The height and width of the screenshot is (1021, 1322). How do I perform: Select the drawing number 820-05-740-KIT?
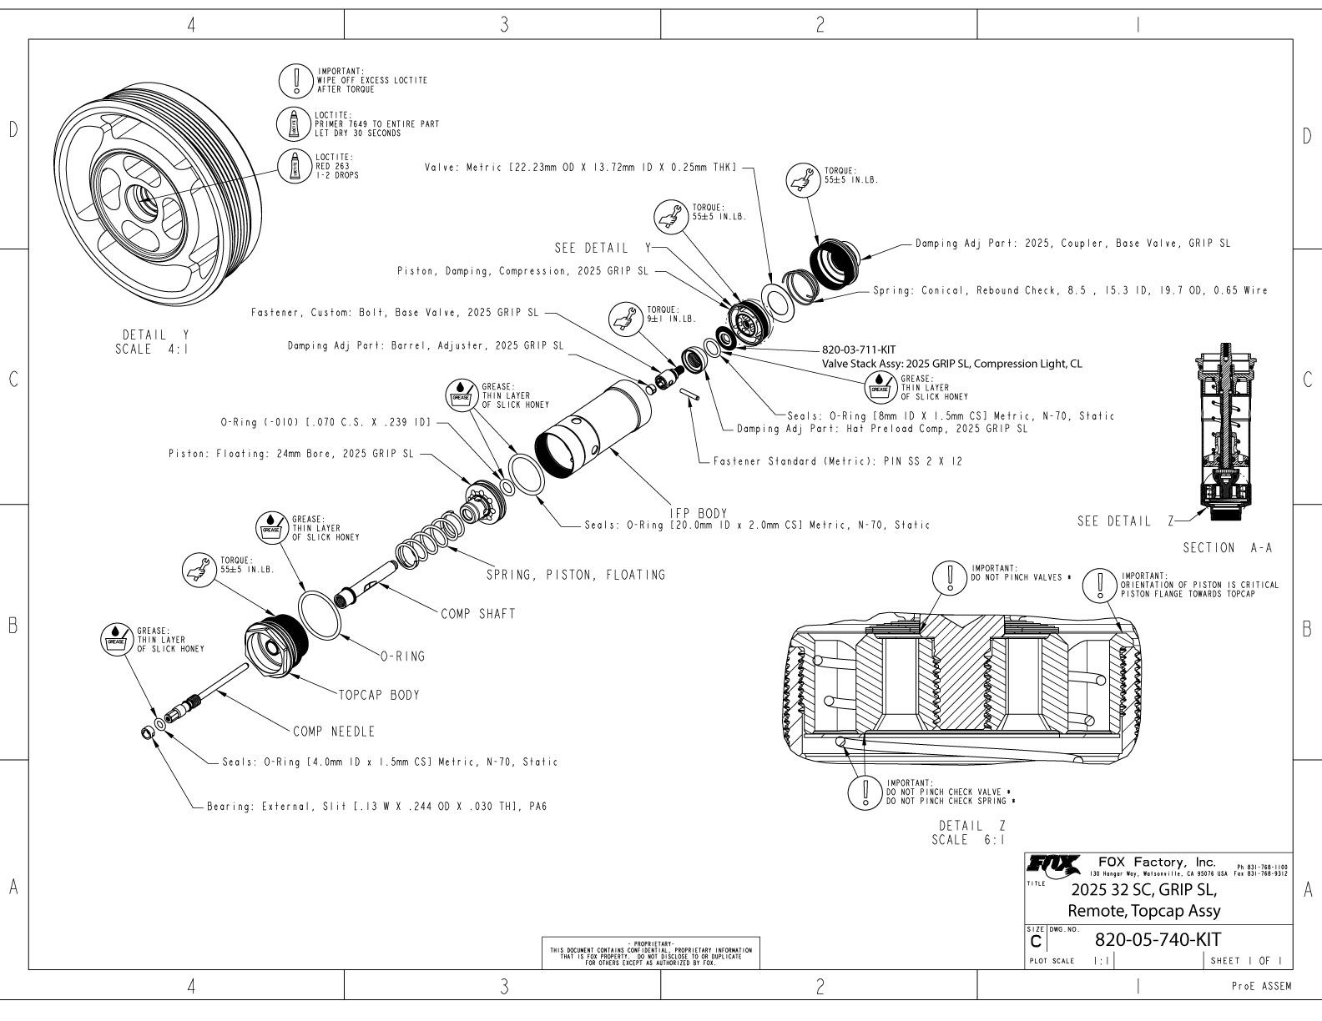(x=1157, y=939)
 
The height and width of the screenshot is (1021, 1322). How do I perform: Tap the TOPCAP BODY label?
(x=378, y=695)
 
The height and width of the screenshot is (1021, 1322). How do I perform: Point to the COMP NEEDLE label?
(x=334, y=732)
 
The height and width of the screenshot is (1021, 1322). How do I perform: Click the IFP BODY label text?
(x=699, y=513)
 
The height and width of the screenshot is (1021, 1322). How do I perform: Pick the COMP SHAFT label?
(x=478, y=614)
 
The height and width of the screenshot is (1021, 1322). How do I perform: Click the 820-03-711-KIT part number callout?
(x=860, y=350)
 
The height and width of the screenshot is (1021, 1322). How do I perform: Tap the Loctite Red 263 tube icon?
(x=295, y=166)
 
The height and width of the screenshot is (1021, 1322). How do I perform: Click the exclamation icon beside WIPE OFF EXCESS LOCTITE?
(x=295, y=80)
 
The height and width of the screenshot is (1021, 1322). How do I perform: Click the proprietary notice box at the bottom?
(x=651, y=953)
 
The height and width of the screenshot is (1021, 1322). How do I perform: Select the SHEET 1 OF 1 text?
(x=1249, y=961)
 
